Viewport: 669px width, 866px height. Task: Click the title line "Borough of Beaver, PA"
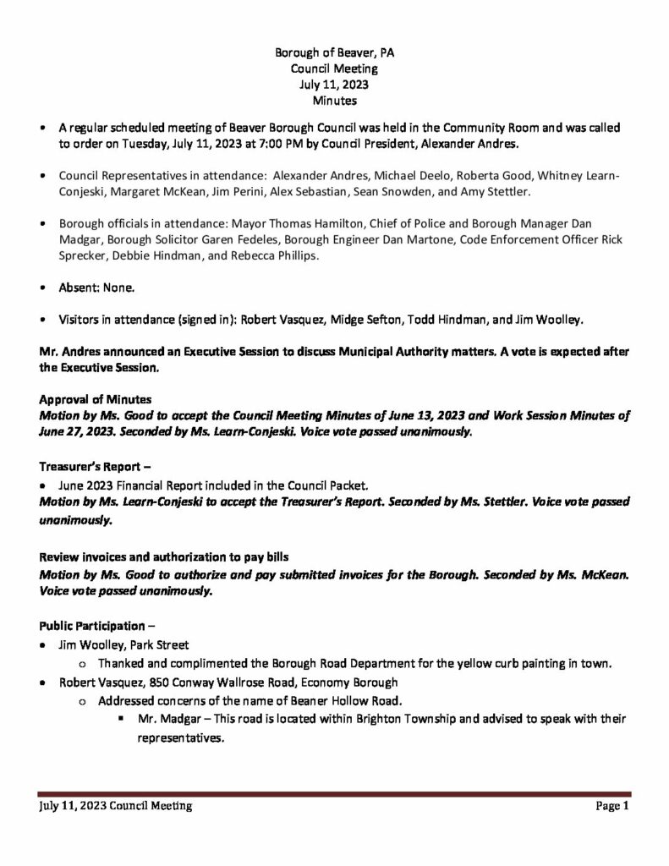coord(334,52)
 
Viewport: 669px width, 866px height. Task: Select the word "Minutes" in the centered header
coord(334,101)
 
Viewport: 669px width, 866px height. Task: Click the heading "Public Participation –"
coord(97,626)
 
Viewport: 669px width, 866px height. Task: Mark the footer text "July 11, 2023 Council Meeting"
coord(115,807)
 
